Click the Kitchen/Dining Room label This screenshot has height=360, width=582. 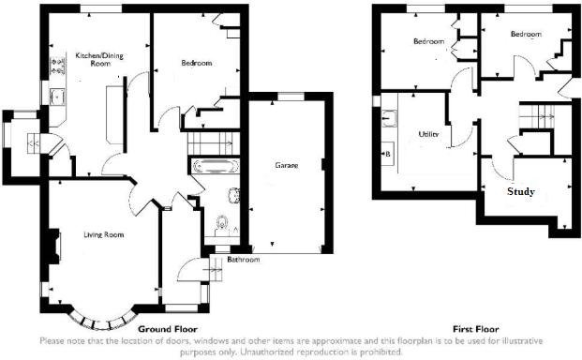[x=97, y=61]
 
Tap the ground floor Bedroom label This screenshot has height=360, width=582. [x=196, y=64]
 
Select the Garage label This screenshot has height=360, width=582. [x=286, y=165]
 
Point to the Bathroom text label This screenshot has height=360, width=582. [x=242, y=260]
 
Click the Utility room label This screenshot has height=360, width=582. [x=427, y=134]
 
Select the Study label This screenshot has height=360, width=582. [x=521, y=192]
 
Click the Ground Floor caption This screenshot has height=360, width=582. [x=166, y=330]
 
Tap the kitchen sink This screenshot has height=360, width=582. [x=56, y=96]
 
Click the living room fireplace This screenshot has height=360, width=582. [x=56, y=247]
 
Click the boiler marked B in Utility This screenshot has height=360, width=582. [x=386, y=153]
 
